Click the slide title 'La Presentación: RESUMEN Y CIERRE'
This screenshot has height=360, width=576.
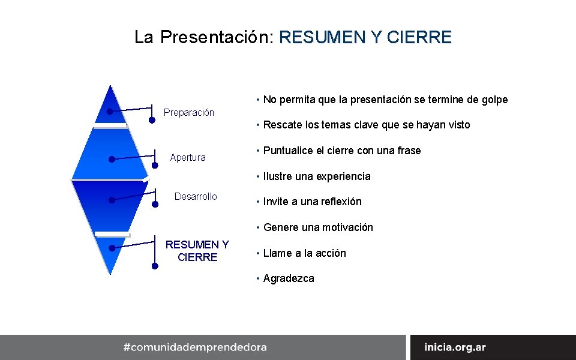tap(293, 37)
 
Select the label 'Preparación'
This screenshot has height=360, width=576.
tap(189, 113)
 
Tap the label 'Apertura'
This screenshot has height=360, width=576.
tap(188, 158)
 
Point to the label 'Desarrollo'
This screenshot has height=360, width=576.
tap(196, 197)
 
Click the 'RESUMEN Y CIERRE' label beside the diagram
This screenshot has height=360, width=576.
tap(197, 251)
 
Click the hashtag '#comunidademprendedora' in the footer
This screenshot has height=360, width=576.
tap(195, 347)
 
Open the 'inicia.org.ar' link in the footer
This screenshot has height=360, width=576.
tap(455, 347)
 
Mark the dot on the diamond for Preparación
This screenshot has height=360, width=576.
tap(110, 112)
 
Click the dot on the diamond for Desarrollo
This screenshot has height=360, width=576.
tap(112, 200)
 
